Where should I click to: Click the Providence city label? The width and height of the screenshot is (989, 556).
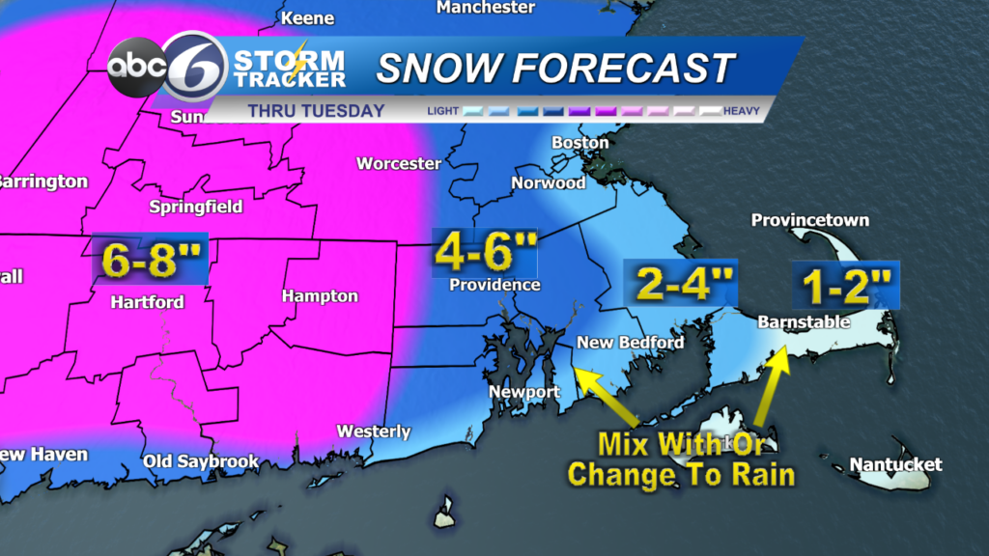[494, 285]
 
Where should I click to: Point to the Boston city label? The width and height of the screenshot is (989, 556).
[579, 143]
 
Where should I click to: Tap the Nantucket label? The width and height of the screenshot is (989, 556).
[895, 465]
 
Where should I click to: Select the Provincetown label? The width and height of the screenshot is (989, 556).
[810, 220]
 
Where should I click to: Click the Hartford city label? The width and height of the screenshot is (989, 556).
[147, 302]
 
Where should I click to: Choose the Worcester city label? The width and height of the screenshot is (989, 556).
[398, 163]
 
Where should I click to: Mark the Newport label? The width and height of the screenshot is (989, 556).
[524, 392]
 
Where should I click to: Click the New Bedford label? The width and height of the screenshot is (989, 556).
[630, 343]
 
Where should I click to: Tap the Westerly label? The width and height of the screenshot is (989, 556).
[374, 431]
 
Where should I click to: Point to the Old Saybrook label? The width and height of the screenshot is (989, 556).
[201, 461]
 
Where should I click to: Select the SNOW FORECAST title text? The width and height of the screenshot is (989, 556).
[555, 69]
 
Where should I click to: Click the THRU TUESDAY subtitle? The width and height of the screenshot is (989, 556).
[316, 111]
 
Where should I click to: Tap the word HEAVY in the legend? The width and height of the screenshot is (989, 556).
[742, 112]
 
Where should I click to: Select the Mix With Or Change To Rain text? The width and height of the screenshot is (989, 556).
[681, 459]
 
